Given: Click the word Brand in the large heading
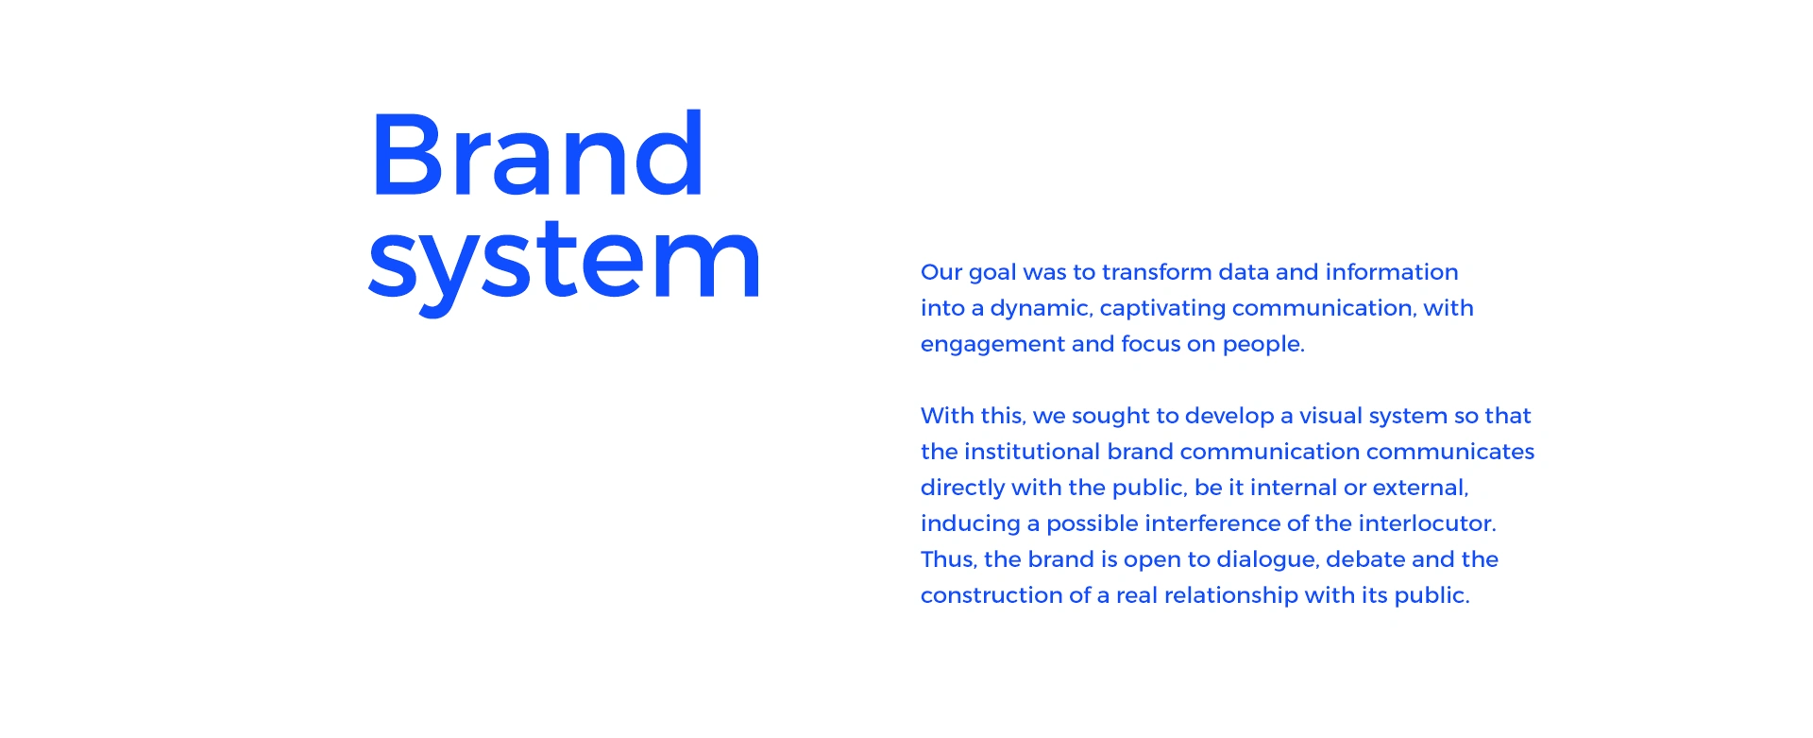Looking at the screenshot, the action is tap(537, 154).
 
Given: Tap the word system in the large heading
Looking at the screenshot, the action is tap(565, 263).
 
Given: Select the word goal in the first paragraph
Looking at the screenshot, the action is tap(991, 274).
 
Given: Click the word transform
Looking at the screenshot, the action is tap(1157, 272).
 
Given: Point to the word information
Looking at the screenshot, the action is tap(1392, 272).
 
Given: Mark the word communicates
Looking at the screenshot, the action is tap(1450, 452).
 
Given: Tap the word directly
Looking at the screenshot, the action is tap(962, 489).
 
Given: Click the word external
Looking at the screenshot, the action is tap(1420, 488).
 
